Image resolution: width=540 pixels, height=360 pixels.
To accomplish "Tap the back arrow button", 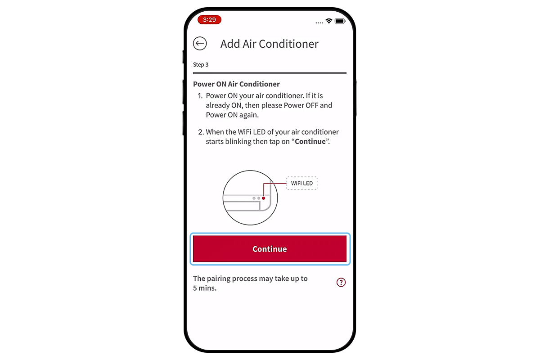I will point(200,44).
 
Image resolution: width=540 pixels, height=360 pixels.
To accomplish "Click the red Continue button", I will point(270,249).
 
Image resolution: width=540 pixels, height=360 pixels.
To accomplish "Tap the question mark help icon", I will point(341,283).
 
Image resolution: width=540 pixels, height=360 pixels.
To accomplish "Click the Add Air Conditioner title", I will point(269,44).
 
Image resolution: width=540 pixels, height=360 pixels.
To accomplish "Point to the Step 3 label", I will point(201,65).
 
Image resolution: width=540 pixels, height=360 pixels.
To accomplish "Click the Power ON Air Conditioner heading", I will point(236,84).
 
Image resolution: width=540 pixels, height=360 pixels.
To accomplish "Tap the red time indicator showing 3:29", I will point(209,20).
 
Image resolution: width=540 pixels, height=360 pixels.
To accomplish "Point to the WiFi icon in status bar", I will point(329,21).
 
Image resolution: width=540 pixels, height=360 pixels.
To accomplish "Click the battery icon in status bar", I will point(340,21).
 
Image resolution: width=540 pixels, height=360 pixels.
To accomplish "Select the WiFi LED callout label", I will point(301,183).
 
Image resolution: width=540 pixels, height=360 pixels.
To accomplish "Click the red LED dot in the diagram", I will point(264,198).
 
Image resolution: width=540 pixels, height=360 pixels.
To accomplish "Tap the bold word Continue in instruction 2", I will point(310,141).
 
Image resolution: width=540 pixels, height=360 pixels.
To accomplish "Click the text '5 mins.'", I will point(205,288).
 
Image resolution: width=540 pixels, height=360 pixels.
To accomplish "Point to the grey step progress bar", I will point(270,73).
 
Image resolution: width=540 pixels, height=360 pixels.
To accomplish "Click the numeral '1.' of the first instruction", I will point(200,96).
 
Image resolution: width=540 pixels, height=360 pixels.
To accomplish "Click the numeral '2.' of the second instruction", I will point(200,132).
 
